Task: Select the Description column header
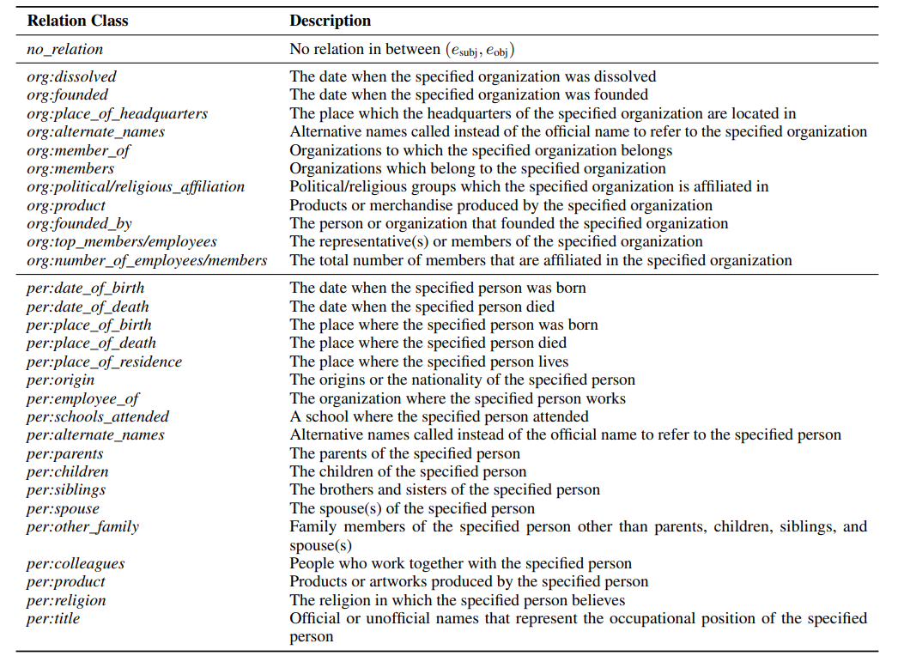pos(330,21)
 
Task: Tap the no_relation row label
pos(65,50)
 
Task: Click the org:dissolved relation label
pos(71,77)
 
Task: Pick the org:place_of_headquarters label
pos(117,113)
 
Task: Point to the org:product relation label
pos(66,205)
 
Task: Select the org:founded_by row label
pos(79,223)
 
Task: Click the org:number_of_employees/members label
pos(147,260)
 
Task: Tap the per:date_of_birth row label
pos(85,288)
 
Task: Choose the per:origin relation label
pos(60,380)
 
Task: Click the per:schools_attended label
pos(98,416)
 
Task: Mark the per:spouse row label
pos(63,508)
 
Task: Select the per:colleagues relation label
pos(76,563)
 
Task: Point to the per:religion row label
pos(66,600)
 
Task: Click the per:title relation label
pos(53,618)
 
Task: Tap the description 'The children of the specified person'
pos(408,471)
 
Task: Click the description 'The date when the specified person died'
pos(422,307)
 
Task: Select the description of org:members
pos(477,168)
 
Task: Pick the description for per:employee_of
pos(458,398)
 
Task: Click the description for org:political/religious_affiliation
pos(529,187)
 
